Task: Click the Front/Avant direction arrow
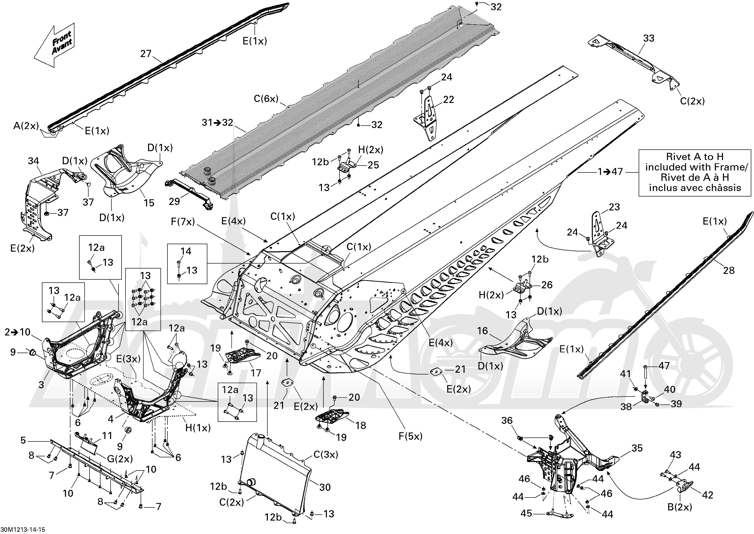pos(55,44)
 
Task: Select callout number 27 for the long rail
pos(146,54)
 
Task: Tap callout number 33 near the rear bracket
pos(649,38)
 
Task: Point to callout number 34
pos(33,161)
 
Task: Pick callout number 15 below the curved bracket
pos(149,203)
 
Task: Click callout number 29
pos(174,201)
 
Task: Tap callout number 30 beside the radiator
pos(325,487)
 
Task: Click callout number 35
pos(637,448)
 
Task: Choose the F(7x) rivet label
pos(183,222)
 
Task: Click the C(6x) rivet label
pos(266,99)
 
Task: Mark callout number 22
pos(448,100)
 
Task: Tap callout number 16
pos(482,331)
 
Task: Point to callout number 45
pos(527,513)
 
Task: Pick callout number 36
pos(507,420)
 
